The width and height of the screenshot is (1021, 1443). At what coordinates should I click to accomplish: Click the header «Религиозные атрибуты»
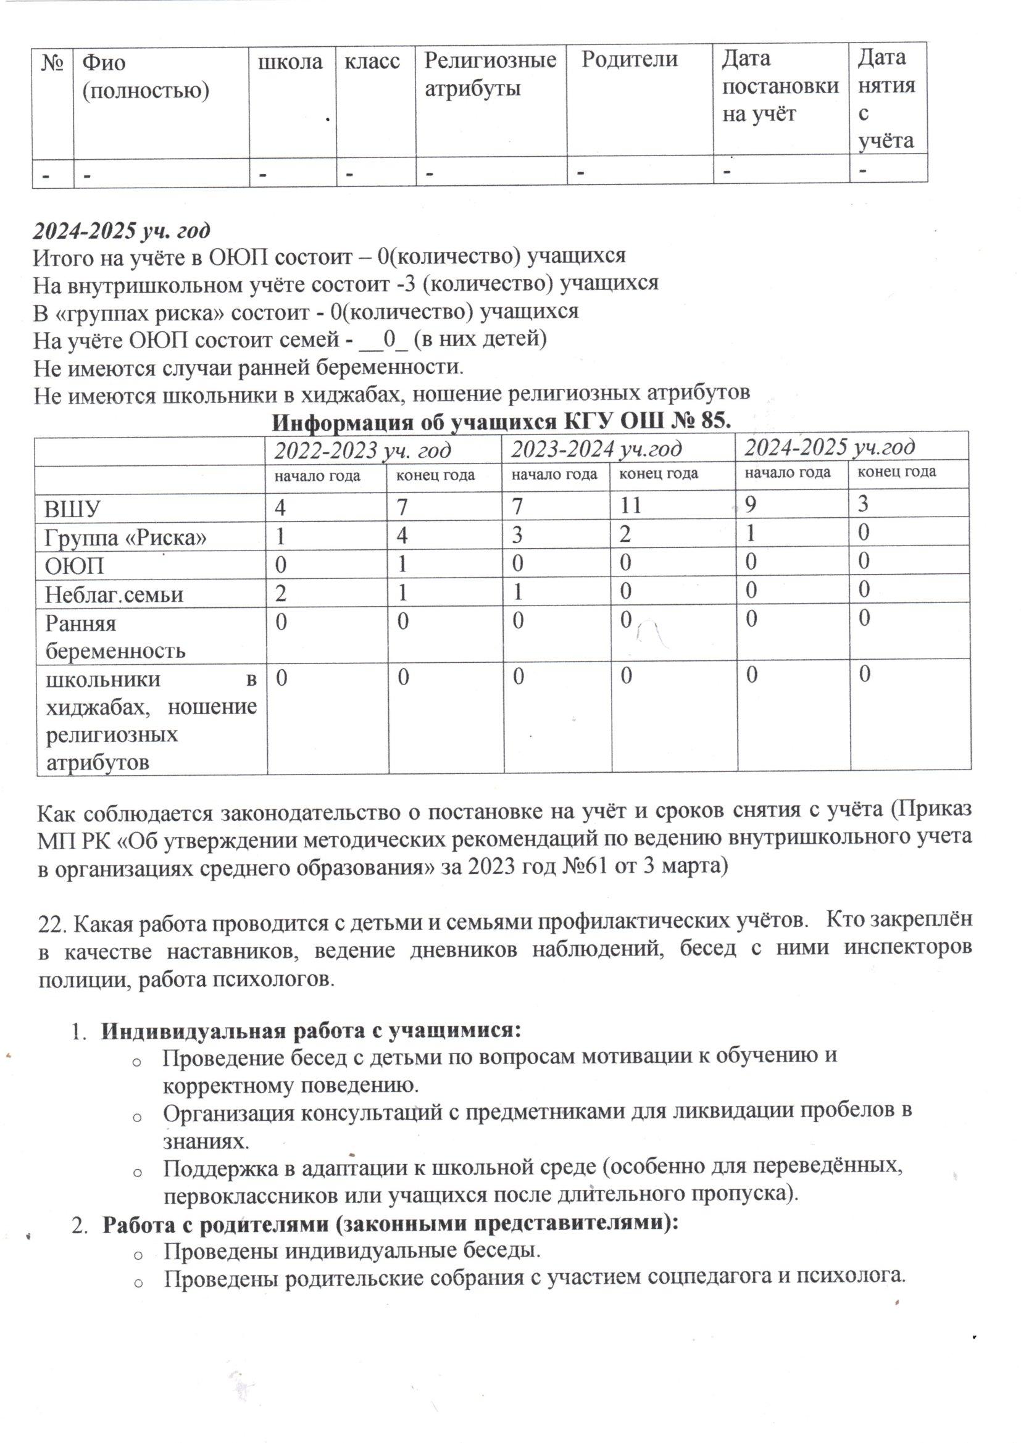click(x=490, y=73)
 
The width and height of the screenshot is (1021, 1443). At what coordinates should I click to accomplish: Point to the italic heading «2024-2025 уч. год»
click(x=122, y=231)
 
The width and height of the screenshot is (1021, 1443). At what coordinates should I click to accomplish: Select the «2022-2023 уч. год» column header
click(x=362, y=449)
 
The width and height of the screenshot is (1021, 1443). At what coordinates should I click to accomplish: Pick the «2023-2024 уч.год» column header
click(x=596, y=448)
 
